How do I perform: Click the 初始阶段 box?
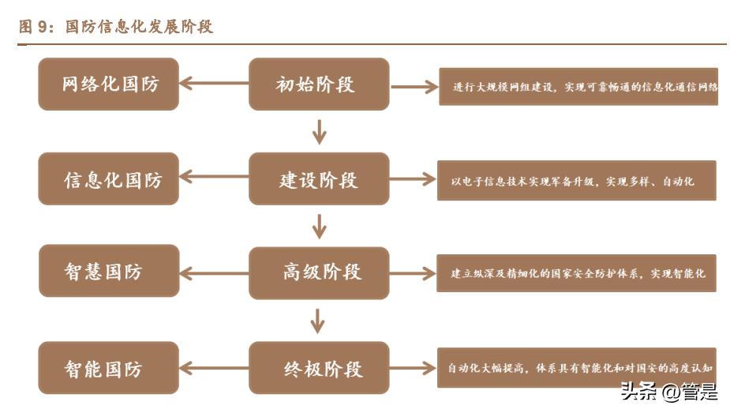[x=319, y=84]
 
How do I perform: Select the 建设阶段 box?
[x=319, y=179]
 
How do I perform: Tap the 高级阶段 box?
[x=319, y=273]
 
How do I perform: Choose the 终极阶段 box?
[x=319, y=368]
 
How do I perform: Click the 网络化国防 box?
[x=109, y=84]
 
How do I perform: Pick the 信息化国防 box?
[x=109, y=179]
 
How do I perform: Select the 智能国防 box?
[x=109, y=368]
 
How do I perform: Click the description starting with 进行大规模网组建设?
[x=578, y=88]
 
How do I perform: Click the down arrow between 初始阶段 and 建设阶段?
[x=319, y=132]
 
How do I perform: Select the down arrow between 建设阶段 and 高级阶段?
[x=319, y=227]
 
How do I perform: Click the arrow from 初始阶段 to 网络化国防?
[x=214, y=82]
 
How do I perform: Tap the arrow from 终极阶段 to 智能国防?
[x=214, y=368]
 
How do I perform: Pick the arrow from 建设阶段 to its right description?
[x=414, y=180]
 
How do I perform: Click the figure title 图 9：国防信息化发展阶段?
[x=116, y=28]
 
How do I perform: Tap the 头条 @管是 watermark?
[x=668, y=391]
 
